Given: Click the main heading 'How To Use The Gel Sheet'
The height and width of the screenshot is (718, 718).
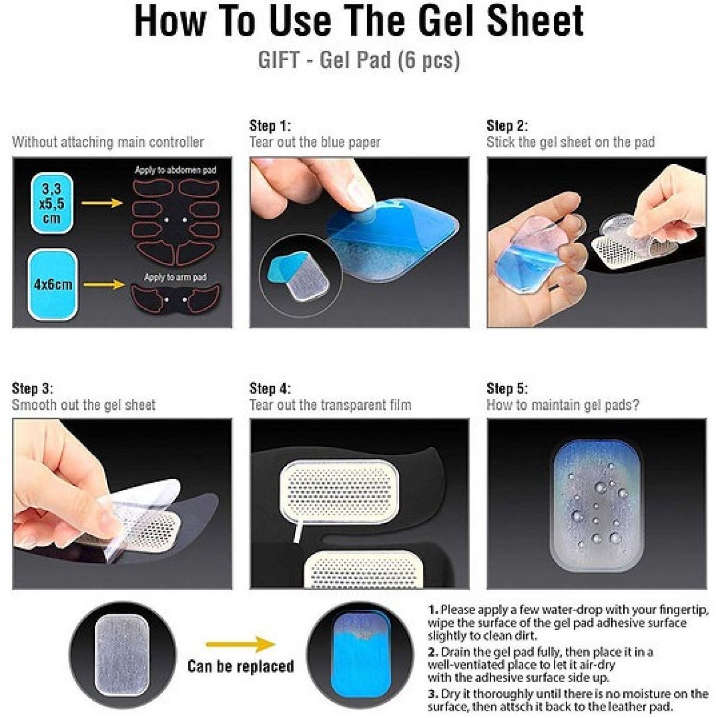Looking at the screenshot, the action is pyautogui.click(x=359, y=22).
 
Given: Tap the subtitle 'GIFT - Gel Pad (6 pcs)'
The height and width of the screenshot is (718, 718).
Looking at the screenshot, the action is pyautogui.click(x=359, y=60).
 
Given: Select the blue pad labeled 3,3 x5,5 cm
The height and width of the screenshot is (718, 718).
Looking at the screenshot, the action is pyautogui.click(x=52, y=203).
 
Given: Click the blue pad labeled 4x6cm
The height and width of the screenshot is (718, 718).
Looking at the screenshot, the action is pyautogui.click(x=53, y=284).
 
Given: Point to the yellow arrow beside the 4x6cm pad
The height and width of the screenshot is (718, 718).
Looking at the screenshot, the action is pyautogui.click(x=104, y=284).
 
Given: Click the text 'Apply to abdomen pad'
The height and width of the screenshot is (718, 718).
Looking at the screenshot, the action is pyautogui.click(x=175, y=170).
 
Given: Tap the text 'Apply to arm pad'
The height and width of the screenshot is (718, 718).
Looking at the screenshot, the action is pyautogui.click(x=175, y=277).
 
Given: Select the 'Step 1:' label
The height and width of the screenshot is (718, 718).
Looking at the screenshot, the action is pyautogui.click(x=270, y=126).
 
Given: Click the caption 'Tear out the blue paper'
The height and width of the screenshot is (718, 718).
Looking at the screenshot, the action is pyautogui.click(x=315, y=142).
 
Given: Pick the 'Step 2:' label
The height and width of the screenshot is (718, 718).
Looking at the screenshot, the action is pyautogui.click(x=507, y=126).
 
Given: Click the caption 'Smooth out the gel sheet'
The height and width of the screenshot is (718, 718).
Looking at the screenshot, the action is pyautogui.click(x=84, y=405).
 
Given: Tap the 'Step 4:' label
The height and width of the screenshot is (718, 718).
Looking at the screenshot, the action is pyautogui.click(x=270, y=389).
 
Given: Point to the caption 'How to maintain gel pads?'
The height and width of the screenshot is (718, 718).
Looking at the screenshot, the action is pyautogui.click(x=563, y=405).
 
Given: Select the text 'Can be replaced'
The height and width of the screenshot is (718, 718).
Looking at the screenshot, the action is pyautogui.click(x=241, y=666).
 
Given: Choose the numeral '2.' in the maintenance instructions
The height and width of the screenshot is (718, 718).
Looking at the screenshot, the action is pyautogui.click(x=433, y=652).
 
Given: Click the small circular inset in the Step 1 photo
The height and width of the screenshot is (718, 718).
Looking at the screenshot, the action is pyautogui.click(x=301, y=275).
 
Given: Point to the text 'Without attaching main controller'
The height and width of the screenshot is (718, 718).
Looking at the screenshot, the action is pyautogui.click(x=108, y=142).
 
